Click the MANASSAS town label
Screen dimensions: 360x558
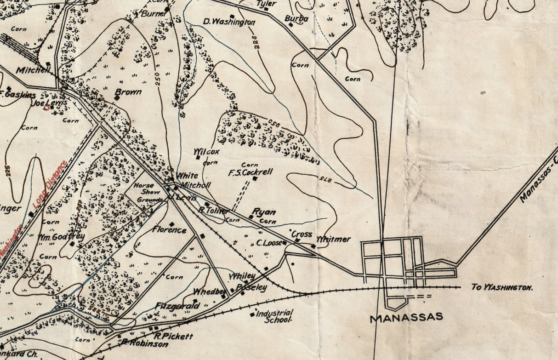coord(406,317)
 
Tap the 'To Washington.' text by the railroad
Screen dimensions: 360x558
coord(502,287)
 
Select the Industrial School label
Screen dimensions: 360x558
coord(275,316)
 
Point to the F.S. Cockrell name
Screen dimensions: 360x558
coord(251,172)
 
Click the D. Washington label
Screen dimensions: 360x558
coord(229,22)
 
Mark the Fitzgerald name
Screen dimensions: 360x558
coord(177,306)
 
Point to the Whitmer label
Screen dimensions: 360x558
coord(334,239)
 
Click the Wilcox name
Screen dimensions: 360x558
coord(206,151)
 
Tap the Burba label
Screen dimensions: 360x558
coord(296,19)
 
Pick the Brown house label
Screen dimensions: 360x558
coord(128,92)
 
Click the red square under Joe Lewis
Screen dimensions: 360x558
coord(46,108)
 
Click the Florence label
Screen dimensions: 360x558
coord(170,230)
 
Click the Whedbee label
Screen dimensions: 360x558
coord(210,291)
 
